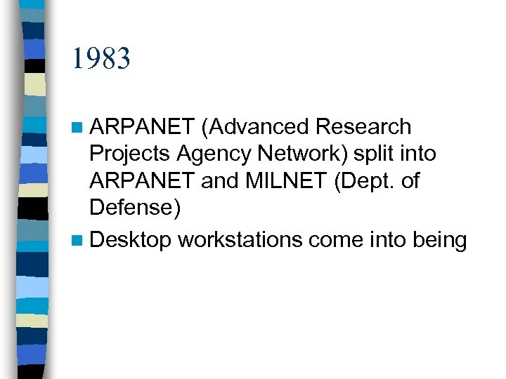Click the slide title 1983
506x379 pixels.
100,58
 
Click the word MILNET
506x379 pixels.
287,181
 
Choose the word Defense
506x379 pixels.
130,208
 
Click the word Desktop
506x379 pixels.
131,241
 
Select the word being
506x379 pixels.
441,241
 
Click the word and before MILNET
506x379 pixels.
219,181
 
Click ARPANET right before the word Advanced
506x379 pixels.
143,127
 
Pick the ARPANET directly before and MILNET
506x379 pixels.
143,181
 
